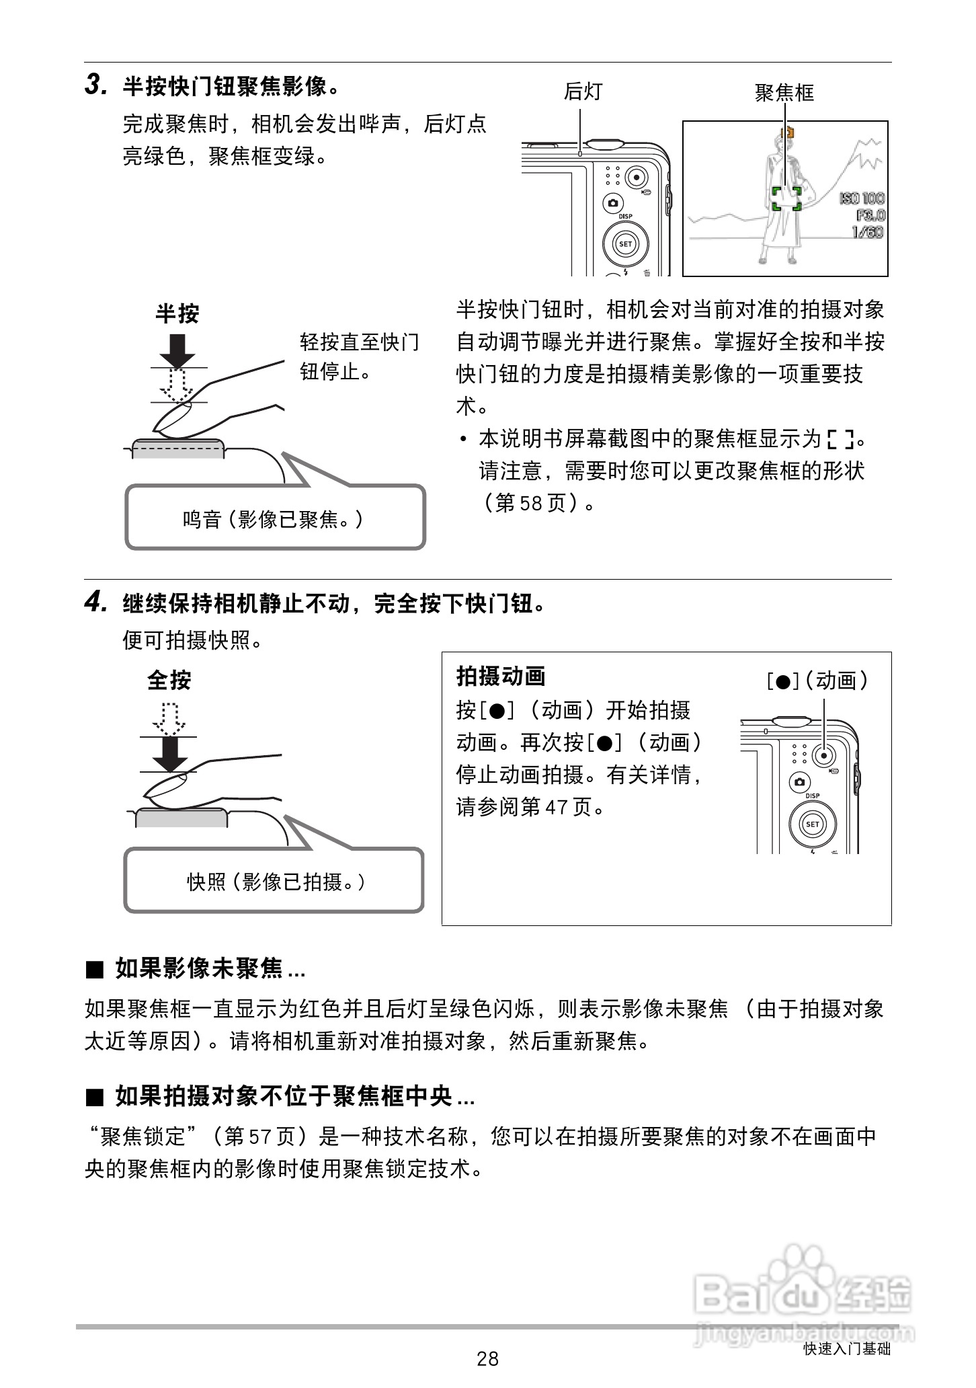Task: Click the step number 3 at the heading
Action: [x=95, y=85]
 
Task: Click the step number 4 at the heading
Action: [x=95, y=602]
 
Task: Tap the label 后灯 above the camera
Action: [x=583, y=91]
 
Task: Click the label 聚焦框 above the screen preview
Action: [x=784, y=92]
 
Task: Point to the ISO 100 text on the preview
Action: [x=862, y=198]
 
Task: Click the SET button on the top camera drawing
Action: [x=625, y=243]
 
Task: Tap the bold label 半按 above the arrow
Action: [x=177, y=313]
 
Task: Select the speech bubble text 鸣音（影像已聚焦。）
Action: [x=274, y=519]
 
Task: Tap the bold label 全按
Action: [x=169, y=681]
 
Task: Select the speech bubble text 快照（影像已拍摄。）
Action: [x=276, y=882]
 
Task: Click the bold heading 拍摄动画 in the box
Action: [x=501, y=677]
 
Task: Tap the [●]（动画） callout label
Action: [x=817, y=681]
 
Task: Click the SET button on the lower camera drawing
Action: [x=812, y=824]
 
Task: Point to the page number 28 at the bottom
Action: [x=487, y=1359]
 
